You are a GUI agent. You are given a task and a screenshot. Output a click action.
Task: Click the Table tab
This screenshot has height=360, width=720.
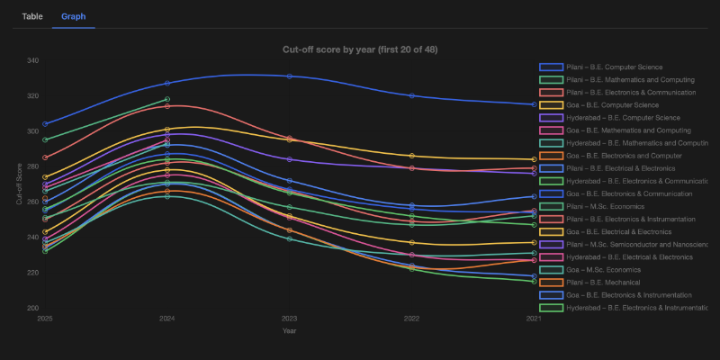[x=32, y=16]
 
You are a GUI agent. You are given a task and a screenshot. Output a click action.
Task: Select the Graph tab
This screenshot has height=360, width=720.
[x=73, y=16]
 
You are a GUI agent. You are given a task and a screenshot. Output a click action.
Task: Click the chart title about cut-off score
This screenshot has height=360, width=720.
[x=360, y=49]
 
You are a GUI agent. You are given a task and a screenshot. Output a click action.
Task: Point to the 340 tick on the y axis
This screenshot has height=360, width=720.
[x=33, y=61]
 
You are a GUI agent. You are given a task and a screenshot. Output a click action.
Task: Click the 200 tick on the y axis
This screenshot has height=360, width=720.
[x=33, y=308]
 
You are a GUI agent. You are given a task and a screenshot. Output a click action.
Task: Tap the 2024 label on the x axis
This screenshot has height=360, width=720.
[x=167, y=319]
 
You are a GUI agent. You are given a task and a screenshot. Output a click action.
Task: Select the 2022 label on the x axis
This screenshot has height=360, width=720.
[x=412, y=319]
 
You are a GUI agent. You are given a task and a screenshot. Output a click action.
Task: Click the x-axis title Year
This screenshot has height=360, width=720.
[x=290, y=330]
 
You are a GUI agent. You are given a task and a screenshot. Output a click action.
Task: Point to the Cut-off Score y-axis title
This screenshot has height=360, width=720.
[x=20, y=184]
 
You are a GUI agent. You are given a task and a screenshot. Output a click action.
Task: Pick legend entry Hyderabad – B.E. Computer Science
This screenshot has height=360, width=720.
[x=616, y=117]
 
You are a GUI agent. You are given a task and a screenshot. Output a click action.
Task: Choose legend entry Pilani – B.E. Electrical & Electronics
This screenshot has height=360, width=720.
[x=616, y=167]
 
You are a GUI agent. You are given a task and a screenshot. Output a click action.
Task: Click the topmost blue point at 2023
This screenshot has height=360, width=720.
[x=290, y=76]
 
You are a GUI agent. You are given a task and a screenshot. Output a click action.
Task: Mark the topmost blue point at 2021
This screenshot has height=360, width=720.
[x=534, y=104]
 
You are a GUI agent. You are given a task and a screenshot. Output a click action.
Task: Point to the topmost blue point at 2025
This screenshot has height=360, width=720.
[x=45, y=123]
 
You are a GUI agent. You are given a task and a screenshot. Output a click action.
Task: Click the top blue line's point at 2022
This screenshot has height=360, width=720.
[x=412, y=95]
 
